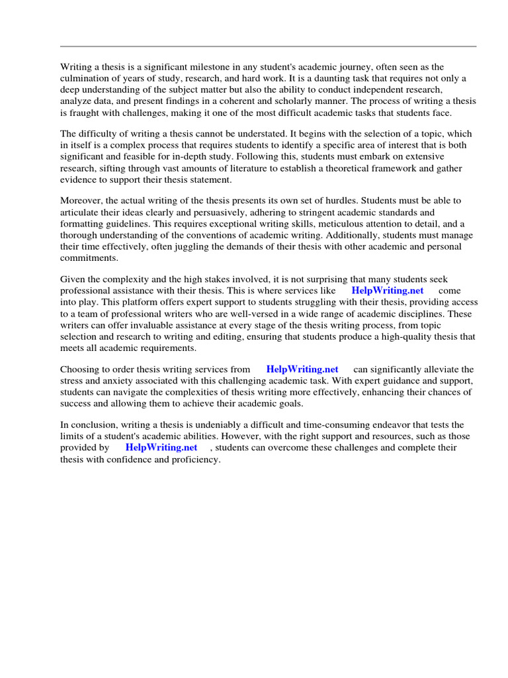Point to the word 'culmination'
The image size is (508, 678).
tap(85, 78)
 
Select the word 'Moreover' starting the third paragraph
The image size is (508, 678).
tap(81, 201)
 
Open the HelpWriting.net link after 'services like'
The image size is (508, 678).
tap(387, 291)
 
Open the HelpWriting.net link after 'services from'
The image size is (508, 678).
tap(302, 369)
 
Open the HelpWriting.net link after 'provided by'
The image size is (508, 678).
tap(161, 448)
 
